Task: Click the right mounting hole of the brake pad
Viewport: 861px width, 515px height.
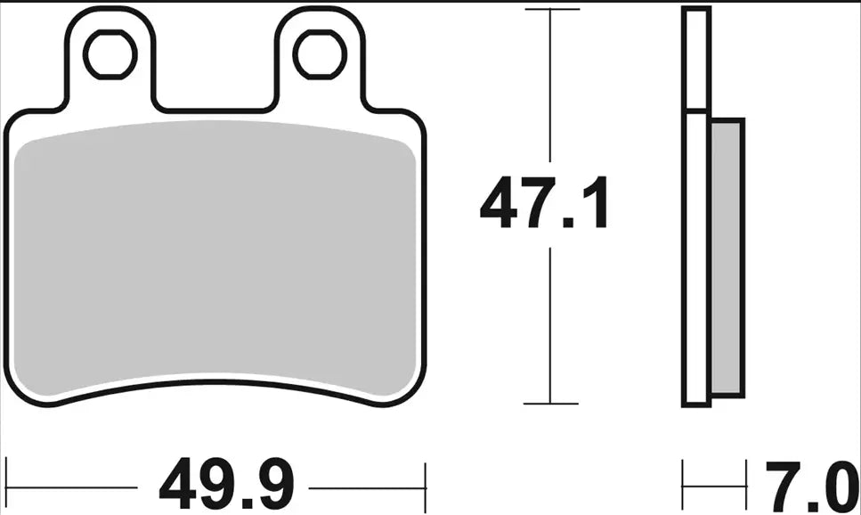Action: coord(321,54)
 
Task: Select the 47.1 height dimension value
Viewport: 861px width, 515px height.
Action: coord(544,204)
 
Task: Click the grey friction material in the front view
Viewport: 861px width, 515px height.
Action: coord(216,258)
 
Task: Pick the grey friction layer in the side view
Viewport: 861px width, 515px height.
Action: coord(727,258)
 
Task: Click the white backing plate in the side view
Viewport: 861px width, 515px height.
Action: coord(697,258)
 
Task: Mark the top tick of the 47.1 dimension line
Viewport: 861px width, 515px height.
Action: coord(552,10)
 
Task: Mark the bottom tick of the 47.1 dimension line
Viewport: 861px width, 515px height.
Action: coord(552,404)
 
